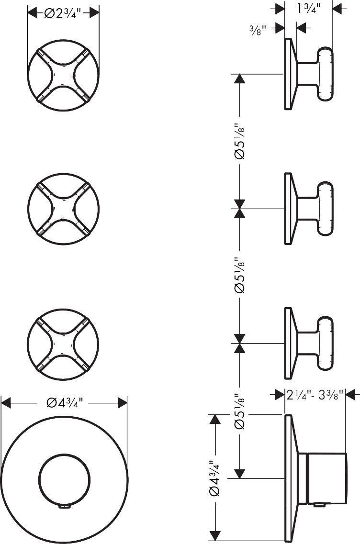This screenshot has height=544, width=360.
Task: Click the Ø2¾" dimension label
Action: click(x=63, y=13)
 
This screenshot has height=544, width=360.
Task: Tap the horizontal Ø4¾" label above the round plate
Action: click(x=65, y=403)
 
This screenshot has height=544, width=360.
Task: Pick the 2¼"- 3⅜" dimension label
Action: click(x=315, y=394)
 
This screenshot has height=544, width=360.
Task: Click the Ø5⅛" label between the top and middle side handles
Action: click(x=239, y=141)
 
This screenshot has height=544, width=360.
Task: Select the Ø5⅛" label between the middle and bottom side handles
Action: click(x=239, y=275)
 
